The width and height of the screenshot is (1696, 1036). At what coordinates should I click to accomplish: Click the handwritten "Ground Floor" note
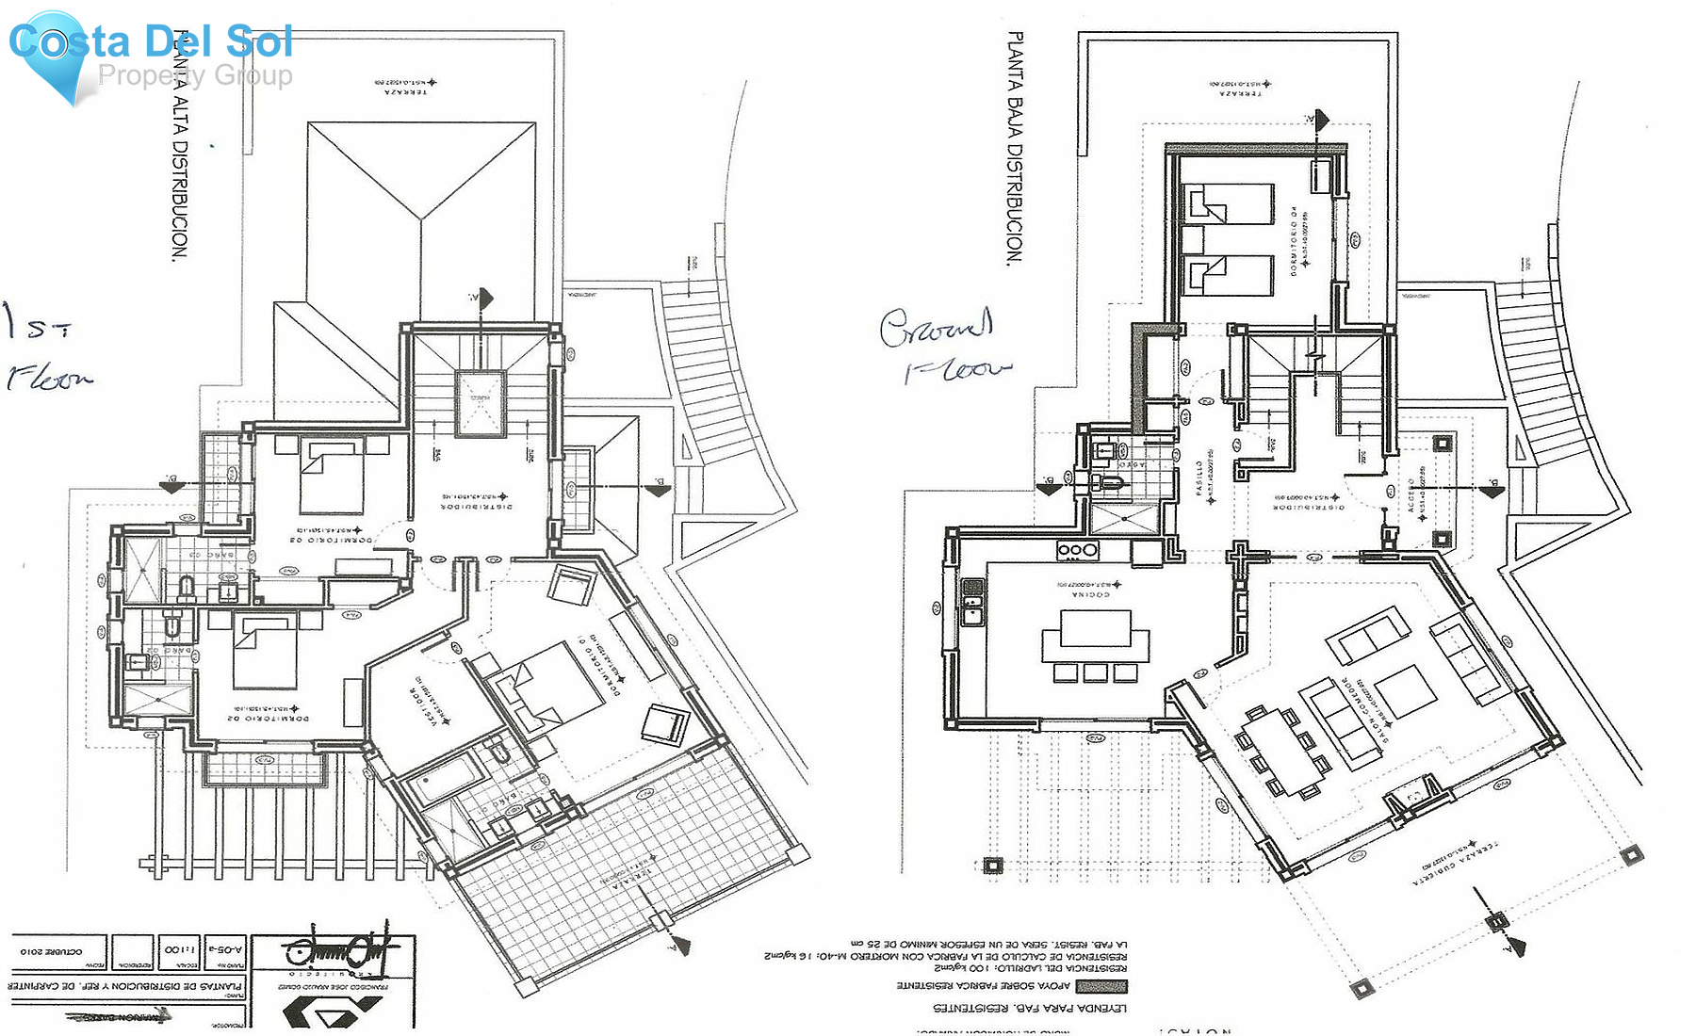[x=944, y=347]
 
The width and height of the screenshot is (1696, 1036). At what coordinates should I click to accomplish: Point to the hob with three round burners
[x=1077, y=550]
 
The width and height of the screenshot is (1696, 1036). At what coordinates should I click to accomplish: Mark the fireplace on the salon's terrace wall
[x=1413, y=799]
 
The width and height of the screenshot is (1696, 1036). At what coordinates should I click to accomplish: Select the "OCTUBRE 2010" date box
[x=51, y=951]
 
